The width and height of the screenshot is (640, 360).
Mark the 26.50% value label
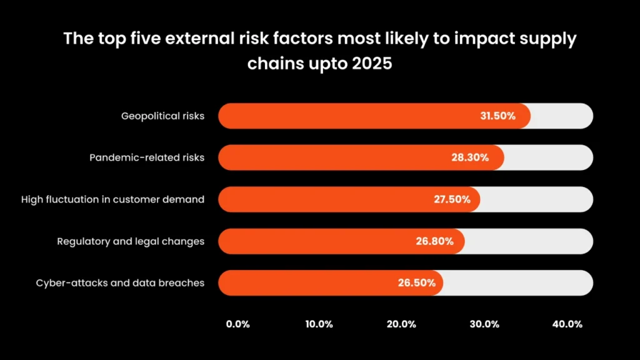(416, 282)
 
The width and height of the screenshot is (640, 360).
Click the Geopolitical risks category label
(162, 116)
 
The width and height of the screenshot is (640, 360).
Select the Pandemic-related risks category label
(147, 157)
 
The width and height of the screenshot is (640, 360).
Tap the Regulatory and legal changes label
(131, 241)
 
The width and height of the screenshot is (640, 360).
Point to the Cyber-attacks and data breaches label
(120, 282)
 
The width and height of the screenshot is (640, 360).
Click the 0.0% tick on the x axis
(237, 324)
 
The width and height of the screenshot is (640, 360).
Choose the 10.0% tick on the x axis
(319, 324)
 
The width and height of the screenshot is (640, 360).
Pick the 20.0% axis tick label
(401, 324)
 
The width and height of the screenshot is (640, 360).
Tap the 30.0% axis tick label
(484, 324)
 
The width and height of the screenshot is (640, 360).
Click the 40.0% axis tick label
(567, 324)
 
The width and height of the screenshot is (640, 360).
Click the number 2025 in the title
(369, 64)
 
